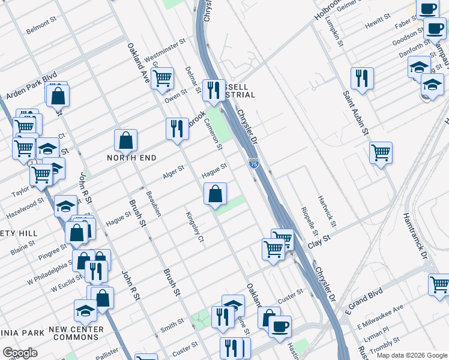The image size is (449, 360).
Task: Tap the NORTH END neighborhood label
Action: (x=131, y=158)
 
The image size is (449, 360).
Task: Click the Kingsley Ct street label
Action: (x=196, y=227)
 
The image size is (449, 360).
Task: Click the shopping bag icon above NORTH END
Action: (x=126, y=140)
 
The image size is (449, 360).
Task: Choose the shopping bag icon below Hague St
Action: (x=215, y=193)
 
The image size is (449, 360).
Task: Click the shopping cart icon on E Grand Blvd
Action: (x=439, y=283)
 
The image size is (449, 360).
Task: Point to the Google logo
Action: (x=20, y=352)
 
